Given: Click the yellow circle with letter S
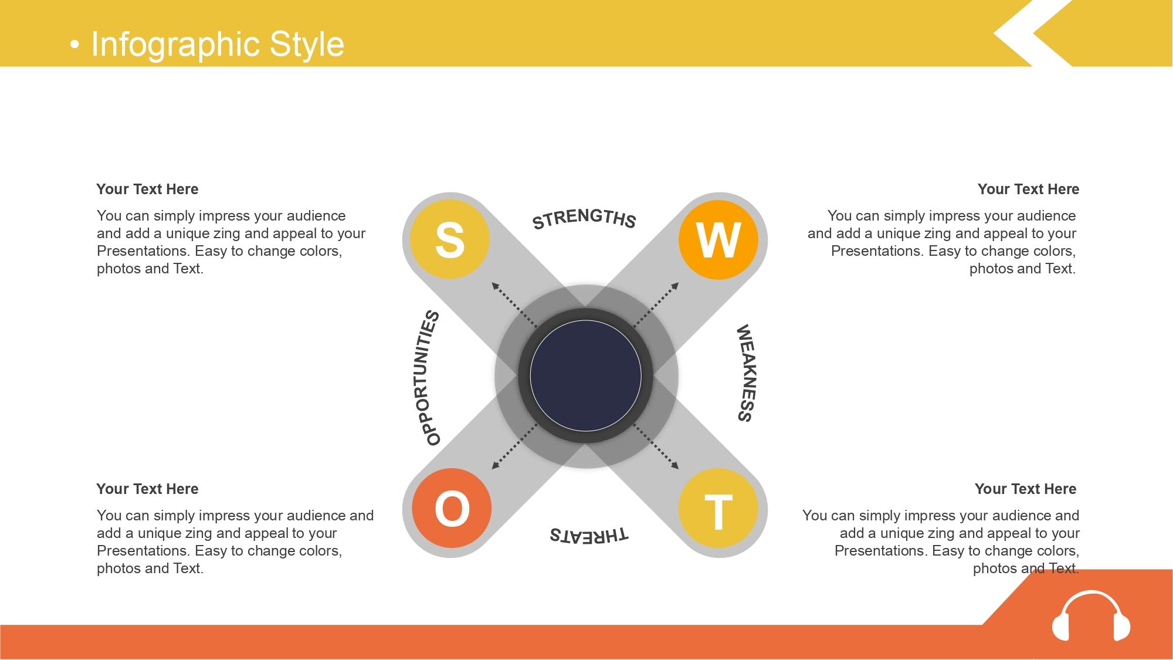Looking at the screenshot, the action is (450, 239).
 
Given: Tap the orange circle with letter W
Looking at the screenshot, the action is (718, 239).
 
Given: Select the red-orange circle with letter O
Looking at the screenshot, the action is (452, 508).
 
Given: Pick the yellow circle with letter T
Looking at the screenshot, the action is (718, 508).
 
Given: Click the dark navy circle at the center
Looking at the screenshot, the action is (585, 375).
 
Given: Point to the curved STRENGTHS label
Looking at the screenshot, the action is (584, 218).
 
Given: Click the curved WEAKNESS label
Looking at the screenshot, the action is (745, 373).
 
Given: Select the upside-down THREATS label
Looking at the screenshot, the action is (588, 535).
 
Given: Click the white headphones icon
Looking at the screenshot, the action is (1091, 616).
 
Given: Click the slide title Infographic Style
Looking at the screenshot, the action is (218, 44).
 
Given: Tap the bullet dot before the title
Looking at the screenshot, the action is (74, 45).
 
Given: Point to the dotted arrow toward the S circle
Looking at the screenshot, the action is (514, 304).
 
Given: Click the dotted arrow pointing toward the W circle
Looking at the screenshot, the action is (656, 304).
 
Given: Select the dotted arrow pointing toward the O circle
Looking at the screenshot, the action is (514, 446).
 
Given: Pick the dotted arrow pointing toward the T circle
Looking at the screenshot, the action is (656, 446).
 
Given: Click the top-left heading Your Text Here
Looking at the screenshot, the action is (147, 189).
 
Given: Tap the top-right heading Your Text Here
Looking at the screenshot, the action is (1028, 189).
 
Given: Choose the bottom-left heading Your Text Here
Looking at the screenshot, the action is (147, 489).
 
